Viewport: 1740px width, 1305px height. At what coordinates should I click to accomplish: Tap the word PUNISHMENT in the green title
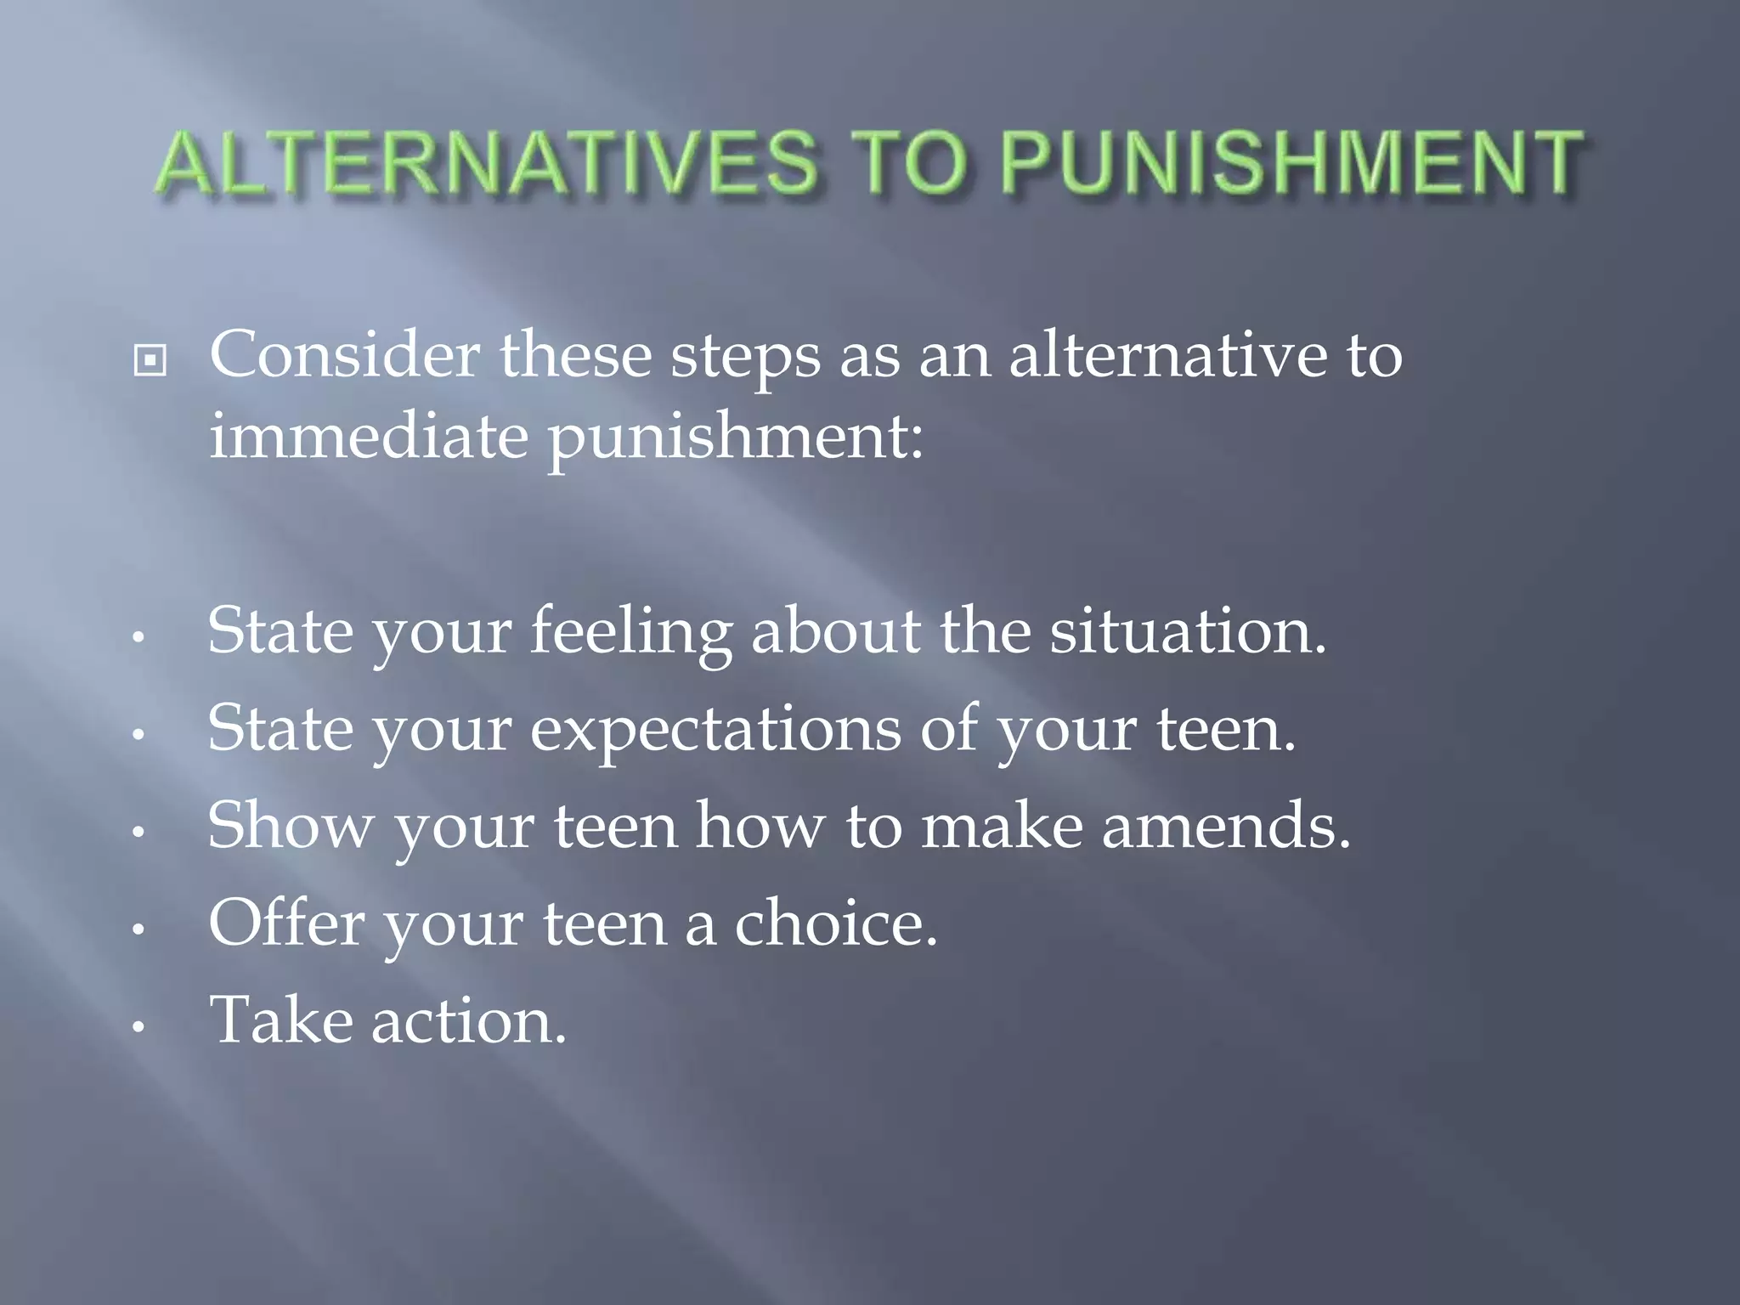(1291, 163)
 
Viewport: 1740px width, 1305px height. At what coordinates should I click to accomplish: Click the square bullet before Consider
(150, 361)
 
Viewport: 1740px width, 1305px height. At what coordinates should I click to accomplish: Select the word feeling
(630, 633)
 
